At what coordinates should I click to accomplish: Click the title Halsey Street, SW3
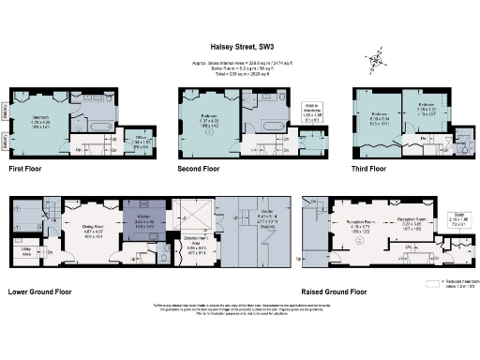pyautogui.click(x=239, y=43)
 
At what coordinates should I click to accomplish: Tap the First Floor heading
pyautogui.click(x=29, y=170)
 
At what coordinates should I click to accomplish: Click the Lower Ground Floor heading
pyautogui.click(x=41, y=292)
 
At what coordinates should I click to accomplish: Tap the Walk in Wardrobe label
pyautogui.click(x=314, y=114)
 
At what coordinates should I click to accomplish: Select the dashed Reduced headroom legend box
pyautogui.click(x=432, y=281)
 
